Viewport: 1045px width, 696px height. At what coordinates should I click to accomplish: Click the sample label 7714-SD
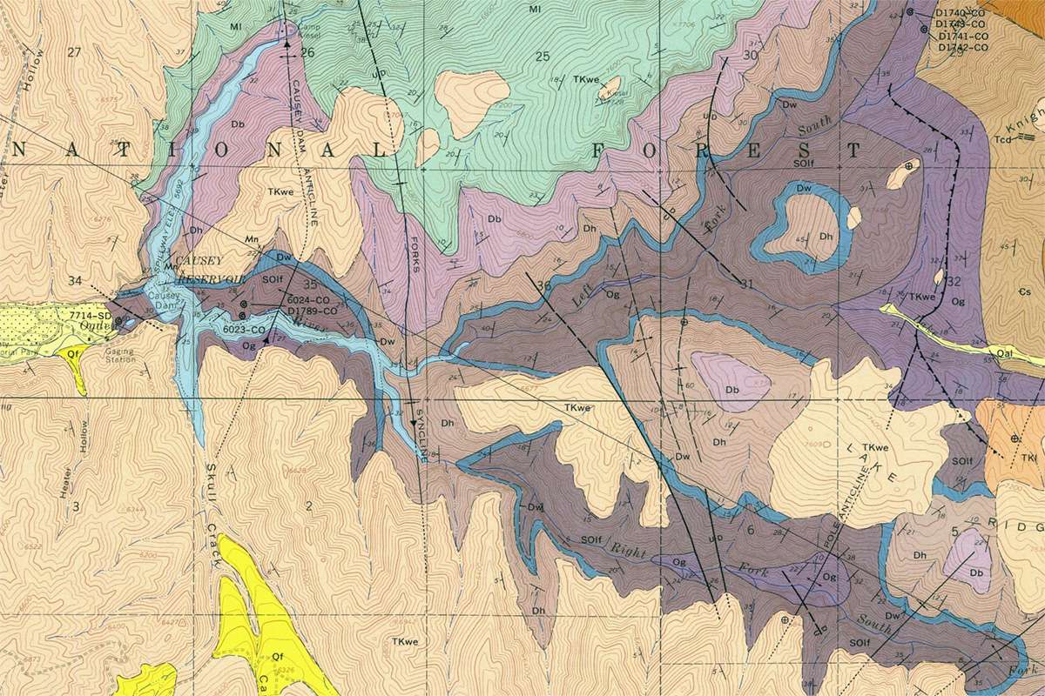(x=91, y=314)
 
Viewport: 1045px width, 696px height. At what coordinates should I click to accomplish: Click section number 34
(x=76, y=280)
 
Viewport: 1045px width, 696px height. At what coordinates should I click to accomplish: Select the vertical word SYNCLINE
(x=421, y=435)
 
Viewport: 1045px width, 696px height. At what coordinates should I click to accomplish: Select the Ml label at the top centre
(x=535, y=9)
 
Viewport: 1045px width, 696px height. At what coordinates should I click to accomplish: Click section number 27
(x=73, y=53)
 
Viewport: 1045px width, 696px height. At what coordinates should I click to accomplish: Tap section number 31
(x=745, y=284)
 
